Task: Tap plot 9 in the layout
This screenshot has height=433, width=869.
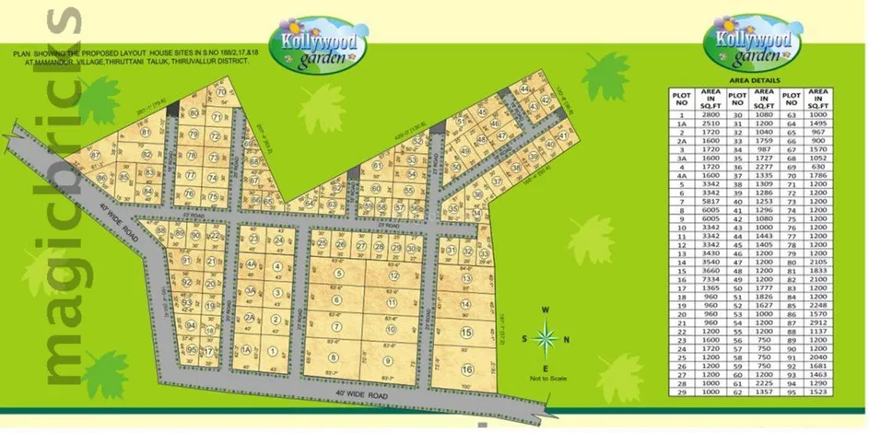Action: [x=388, y=360]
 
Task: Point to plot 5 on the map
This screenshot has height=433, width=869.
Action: [x=340, y=274]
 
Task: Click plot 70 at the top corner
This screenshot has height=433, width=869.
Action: [x=221, y=93]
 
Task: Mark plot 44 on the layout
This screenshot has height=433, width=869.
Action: [x=523, y=89]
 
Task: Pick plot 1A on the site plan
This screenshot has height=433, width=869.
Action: [x=247, y=350]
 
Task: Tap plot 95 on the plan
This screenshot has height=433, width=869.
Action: [x=191, y=350]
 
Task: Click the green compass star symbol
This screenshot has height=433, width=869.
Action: [x=546, y=338]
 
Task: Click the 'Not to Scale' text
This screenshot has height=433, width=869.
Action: [x=546, y=379]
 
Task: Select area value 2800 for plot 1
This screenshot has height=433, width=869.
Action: [x=710, y=115]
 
